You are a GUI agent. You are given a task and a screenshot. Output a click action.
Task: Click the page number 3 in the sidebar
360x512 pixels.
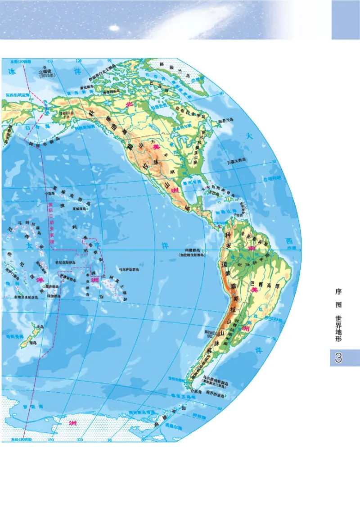coord(338,358)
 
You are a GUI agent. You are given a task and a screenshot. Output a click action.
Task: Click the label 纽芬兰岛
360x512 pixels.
coord(225,120)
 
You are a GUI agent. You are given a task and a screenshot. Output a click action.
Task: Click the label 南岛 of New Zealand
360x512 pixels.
coord(32,343)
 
